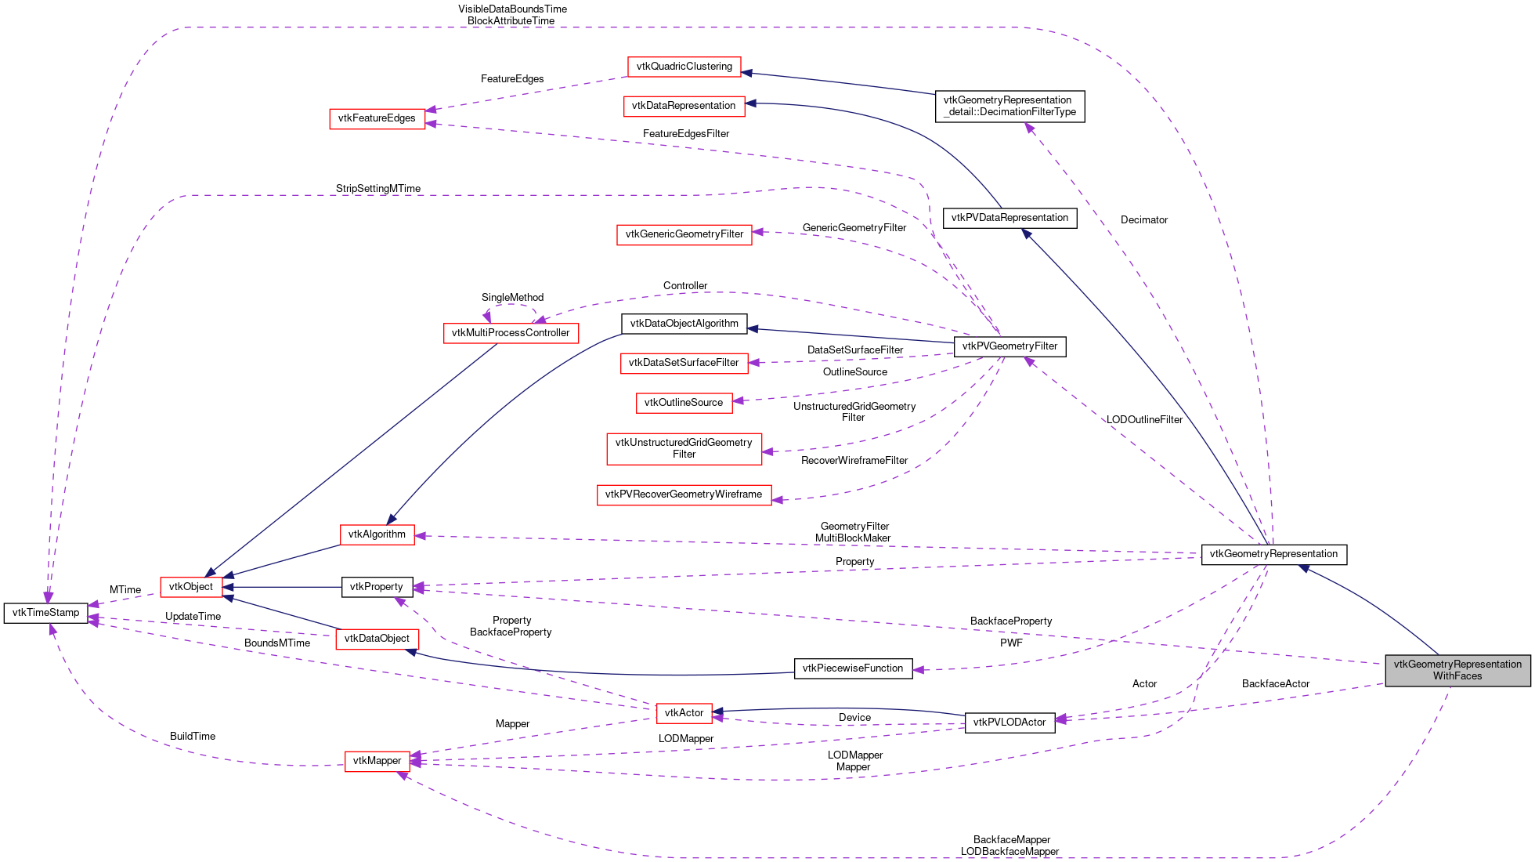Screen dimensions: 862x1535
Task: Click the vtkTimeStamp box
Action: pyautogui.click(x=45, y=613)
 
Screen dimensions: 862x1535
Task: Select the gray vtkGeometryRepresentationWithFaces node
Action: pyautogui.click(x=1457, y=670)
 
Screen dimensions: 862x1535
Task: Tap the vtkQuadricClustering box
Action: pyautogui.click(x=684, y=67)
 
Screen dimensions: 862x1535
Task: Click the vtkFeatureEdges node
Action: pyautogui.click(x=377, y=118)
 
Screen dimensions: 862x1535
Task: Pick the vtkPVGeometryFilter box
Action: pyautogui.click(x=1009, y=346)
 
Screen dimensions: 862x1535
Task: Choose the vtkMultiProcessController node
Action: pyautogui.click(x=511, y=333)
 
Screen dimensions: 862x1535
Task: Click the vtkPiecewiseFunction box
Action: pyautogui.click(x=853, y=668)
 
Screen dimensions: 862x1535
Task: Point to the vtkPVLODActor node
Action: pyautogui.click(x=1009, y=723)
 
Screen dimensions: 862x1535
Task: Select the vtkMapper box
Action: pyautogui.click(x=377, y=761)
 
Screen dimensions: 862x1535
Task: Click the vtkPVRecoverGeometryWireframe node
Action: pyautogui.click(x=683, y=494)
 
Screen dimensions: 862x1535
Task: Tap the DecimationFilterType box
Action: pyautogui.click(x=1009, y=106)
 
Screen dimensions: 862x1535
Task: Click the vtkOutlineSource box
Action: pyautogui.click(x=683, y=403)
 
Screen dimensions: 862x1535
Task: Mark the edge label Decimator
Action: pyautogui.click(x=1143, y=220)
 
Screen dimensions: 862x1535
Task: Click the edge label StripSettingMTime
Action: pyautogui.click(x=377, y=189)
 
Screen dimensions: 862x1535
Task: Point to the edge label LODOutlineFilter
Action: pyautogui.click(x=1143, y=420)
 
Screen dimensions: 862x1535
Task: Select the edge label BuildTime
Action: pyautogui.click(x=192, y=737)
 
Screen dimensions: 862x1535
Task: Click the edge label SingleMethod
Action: pyautogui.click(x=512, y=298)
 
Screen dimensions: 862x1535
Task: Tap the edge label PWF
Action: pyautogui.click(x=1010, y=643)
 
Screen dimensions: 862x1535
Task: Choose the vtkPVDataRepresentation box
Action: pyautogui.click(x=1009, y=218)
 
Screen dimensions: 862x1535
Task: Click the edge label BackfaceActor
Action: pyautogui.click(x=1275, y=684)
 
